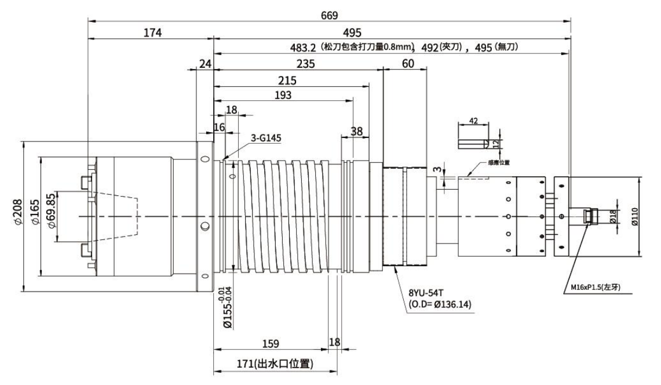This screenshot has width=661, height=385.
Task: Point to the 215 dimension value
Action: click(287, 80)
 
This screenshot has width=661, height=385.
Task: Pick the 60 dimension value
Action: click(408, 64)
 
